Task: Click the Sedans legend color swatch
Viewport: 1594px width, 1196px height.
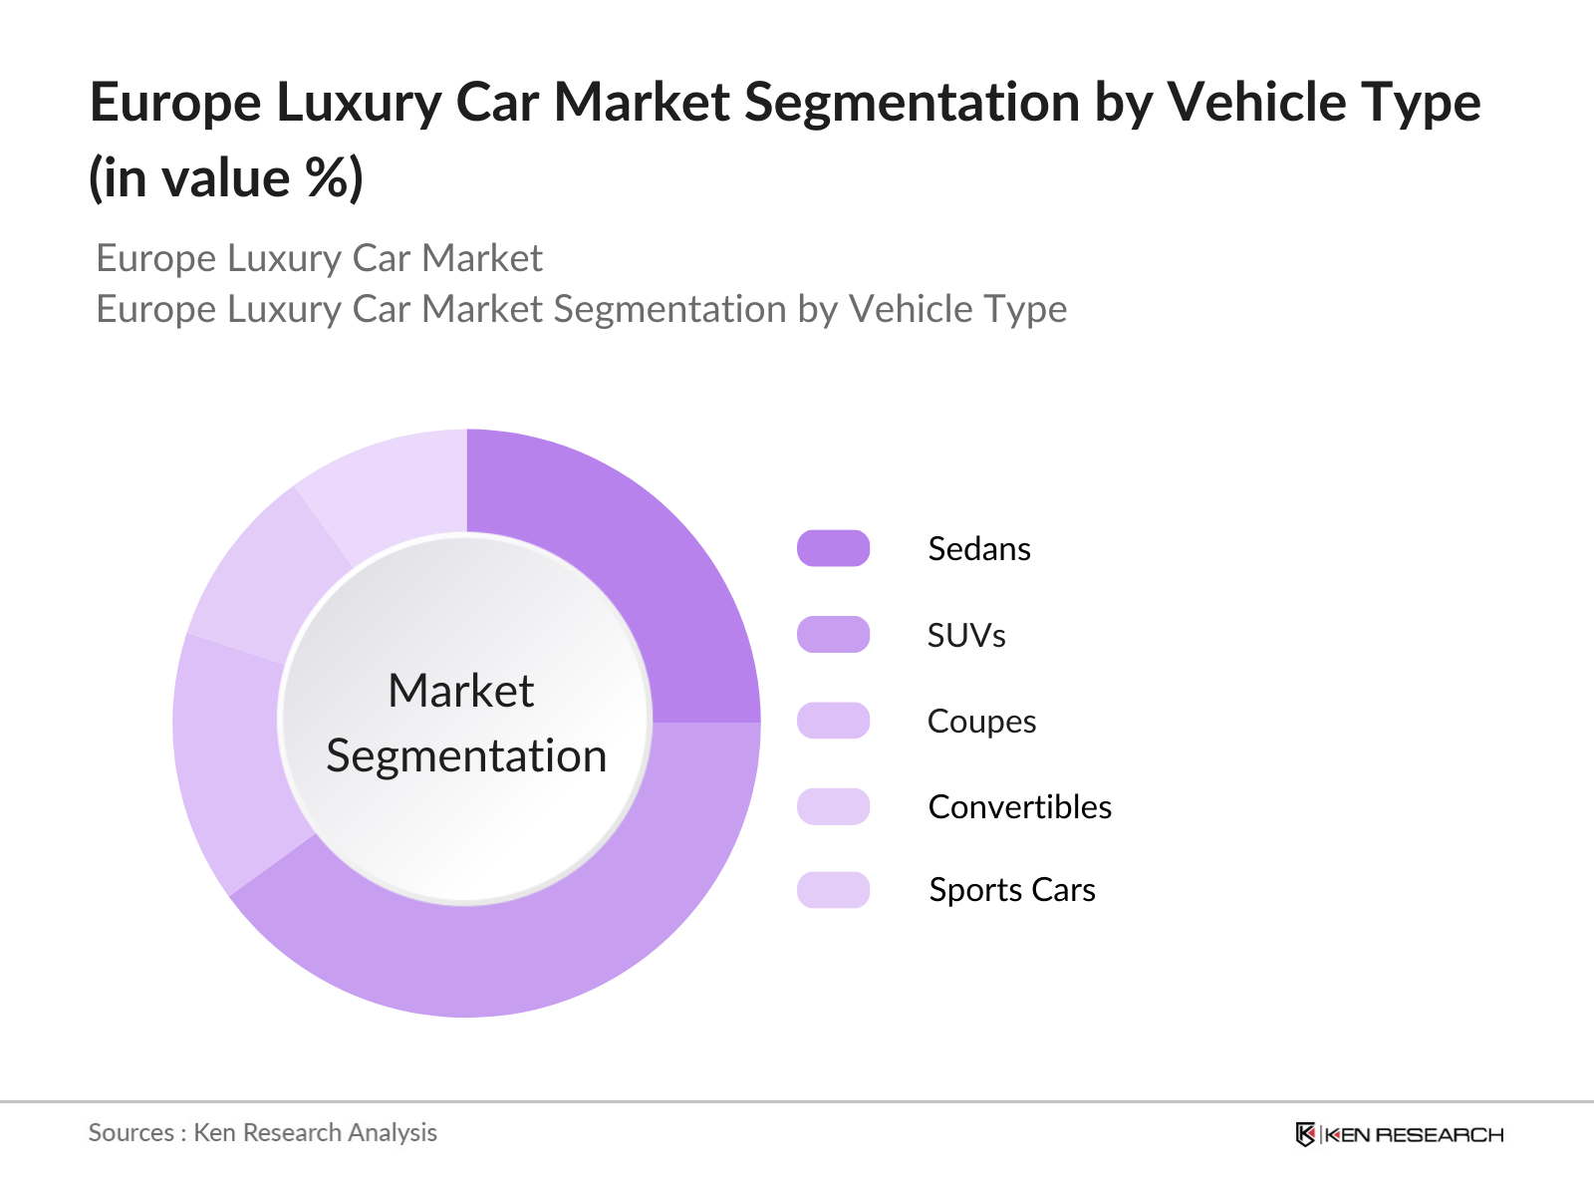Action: click(x=833, y=548)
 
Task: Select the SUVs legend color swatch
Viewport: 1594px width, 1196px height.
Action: click(x=833, y=635)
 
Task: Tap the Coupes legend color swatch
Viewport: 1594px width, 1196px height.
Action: click(x=833, y=721)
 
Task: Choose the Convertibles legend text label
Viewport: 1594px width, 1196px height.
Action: click(x=1019, y=806)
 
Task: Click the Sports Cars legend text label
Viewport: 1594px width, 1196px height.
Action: click(x=1011, y=890)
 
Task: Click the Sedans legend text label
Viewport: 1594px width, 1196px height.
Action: click(x=978, y=549)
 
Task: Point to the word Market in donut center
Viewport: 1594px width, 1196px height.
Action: click(x=461, y=691)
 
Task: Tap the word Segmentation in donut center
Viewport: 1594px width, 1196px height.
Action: click(x=466, y=755)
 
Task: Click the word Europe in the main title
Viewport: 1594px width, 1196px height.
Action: click(x=175, y=104)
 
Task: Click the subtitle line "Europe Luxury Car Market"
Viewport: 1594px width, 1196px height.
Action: click(x=319, y=259)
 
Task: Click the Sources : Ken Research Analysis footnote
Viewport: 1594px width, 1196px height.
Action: click(x=263, y=1133)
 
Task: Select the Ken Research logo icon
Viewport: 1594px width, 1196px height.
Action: click(x=1305, y=1134)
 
